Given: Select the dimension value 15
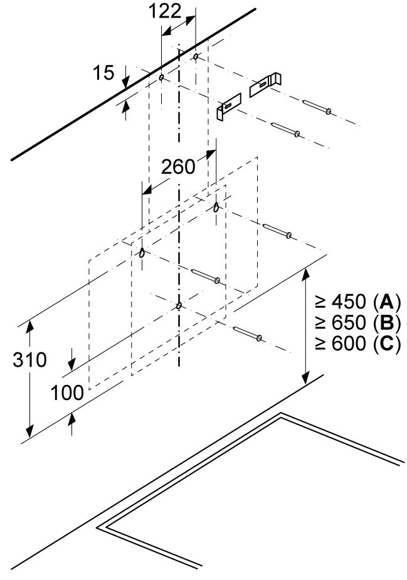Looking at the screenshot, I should pos(105,73).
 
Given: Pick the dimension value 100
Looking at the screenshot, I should pos(67,393).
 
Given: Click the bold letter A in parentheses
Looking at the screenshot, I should pos(386,303).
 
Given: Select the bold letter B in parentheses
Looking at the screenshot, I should pos(386,324).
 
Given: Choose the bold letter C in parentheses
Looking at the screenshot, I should pos(386,345).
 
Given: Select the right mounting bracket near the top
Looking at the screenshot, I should pos(265,85).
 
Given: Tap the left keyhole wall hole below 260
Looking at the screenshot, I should pos(142,253).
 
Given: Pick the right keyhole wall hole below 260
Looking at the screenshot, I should pos(216,207).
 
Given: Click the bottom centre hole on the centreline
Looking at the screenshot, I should pos(179,306).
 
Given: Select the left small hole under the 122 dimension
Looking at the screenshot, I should pos(161,78).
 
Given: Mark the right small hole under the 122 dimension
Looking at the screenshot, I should pos(196,57).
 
